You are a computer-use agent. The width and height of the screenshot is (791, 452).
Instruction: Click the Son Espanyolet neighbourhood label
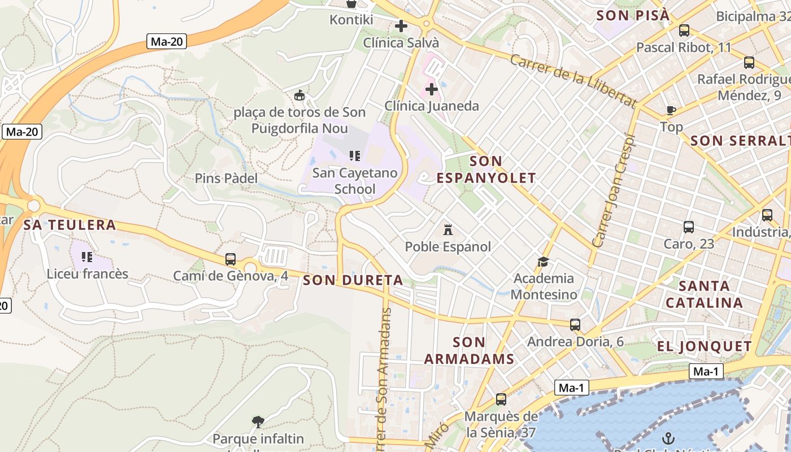click(486, 169)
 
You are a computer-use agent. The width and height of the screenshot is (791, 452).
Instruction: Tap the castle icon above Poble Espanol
click(448, 230)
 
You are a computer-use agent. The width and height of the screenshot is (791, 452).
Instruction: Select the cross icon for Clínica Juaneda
click(432, 89)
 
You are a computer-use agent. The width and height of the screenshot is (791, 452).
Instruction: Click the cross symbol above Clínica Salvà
click(401, 25)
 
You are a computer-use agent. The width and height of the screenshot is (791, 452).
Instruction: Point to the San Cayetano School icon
click(355, 155)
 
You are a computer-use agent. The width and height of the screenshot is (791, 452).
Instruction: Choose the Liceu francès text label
click(88, 274)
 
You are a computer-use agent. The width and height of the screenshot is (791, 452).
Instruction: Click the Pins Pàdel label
click(226, 179)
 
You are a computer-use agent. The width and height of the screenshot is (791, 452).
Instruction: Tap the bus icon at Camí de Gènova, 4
click(231, 259)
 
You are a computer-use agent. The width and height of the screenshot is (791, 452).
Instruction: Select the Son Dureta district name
click(353, 280)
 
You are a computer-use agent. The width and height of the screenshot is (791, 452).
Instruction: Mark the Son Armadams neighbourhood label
click(469, 350)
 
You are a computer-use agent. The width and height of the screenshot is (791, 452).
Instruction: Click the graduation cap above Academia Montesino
click(543, 262)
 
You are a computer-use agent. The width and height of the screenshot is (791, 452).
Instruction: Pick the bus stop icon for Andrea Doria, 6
click(575, 325)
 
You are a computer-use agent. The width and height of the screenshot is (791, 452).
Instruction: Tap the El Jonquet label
click(704, 346)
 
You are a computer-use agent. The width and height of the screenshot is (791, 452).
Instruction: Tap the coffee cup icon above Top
click(671, 110)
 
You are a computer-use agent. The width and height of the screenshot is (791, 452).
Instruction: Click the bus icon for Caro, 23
click(689, 227)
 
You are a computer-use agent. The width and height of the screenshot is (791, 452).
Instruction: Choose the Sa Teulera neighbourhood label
click(69, 225)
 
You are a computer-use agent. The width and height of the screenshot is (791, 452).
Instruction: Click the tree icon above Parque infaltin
click(258, 421)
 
